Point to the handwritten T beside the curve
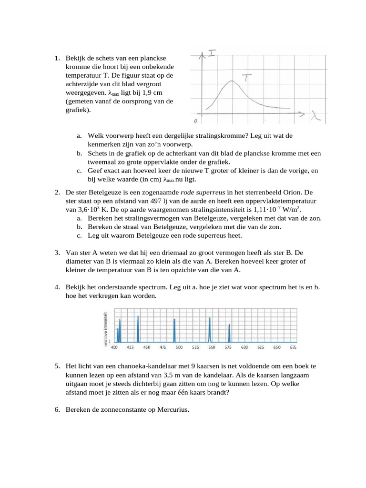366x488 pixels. tap(245, 78)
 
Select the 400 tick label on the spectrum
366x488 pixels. tap(114, 347)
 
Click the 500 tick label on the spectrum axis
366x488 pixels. tap(179, 347)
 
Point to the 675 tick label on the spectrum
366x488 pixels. tap(293, 347)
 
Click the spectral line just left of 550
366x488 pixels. tap(210, 329)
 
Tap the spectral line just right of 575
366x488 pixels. tap(229, 333)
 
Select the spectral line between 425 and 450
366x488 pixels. tap(138, 328)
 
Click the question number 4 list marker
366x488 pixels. tap(56, 287)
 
